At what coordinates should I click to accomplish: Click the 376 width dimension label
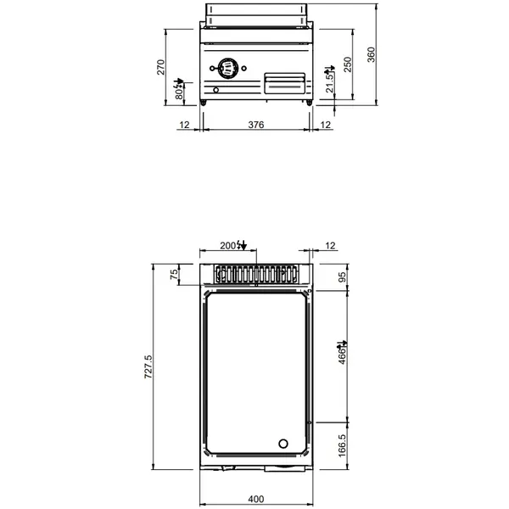pyautogui.click(x=255, y=125)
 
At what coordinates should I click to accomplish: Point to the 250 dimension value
pyautogui.click(x=346, y=65)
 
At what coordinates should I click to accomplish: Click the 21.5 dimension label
pyautogui.click(x=330, y=83)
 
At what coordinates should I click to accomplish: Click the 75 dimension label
pyautogui.click(x=174, y=274)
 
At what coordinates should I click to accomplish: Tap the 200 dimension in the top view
pyautogui.click(x=227, y=245)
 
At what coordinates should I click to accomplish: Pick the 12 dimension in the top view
pyautogui.click(x=330, y=245)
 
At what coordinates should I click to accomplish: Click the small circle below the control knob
pyautogui.click(x=216, y=91)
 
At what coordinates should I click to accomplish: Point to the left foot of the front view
pyautogui.click(x=204, y=103)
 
